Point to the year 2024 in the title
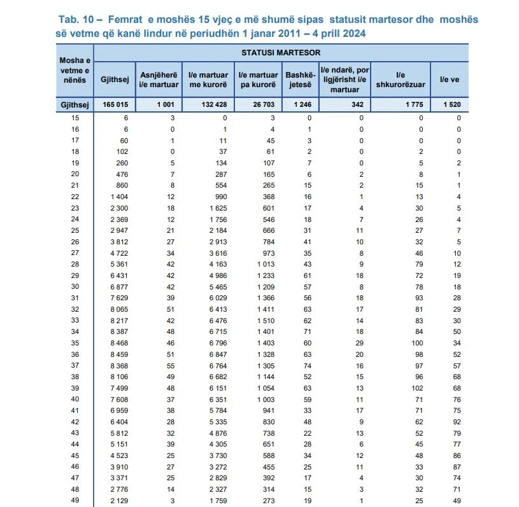point(352,32)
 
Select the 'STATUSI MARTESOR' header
point(281,52)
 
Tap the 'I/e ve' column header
point(450,80)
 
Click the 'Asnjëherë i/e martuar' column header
point(159,80)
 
